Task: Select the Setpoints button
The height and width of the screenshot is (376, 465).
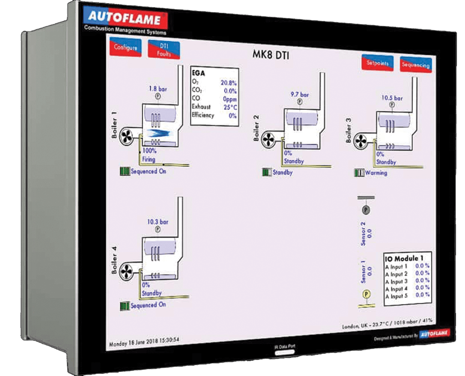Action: click(378, 63)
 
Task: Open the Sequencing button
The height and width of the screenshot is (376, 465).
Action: click(415, 65)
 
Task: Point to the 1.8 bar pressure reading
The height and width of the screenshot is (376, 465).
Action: click(158, 89)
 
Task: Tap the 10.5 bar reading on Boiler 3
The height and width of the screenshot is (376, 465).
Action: click(392, 98)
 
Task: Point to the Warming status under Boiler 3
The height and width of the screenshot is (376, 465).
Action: click(376, 173)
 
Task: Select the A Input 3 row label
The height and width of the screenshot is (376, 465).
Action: click(396, 282)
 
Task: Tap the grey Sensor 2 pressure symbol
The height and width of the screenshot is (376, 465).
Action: click(364, 210)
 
